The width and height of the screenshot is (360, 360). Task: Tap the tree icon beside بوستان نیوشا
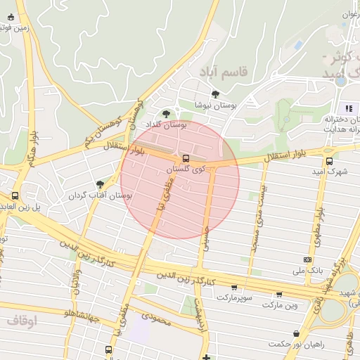pyautogui.click(x=214, y=94)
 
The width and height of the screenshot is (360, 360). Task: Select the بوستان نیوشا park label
pyautogui.click(x=216, y=105)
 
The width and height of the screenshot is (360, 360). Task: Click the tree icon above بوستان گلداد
pyautogui.click(x=166, y=113)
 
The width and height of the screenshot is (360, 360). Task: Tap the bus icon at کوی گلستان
pyautogui.click(x=186, y=159)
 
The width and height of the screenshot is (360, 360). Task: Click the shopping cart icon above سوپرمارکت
pyautogui.click(x=234, y=287)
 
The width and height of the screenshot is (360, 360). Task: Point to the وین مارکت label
pyautogui.click(x=281, y=305)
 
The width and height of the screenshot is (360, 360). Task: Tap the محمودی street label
pyautogui.click(x=156, y=321)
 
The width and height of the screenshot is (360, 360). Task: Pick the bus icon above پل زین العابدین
pyautogui.click(x=15, y=195)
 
